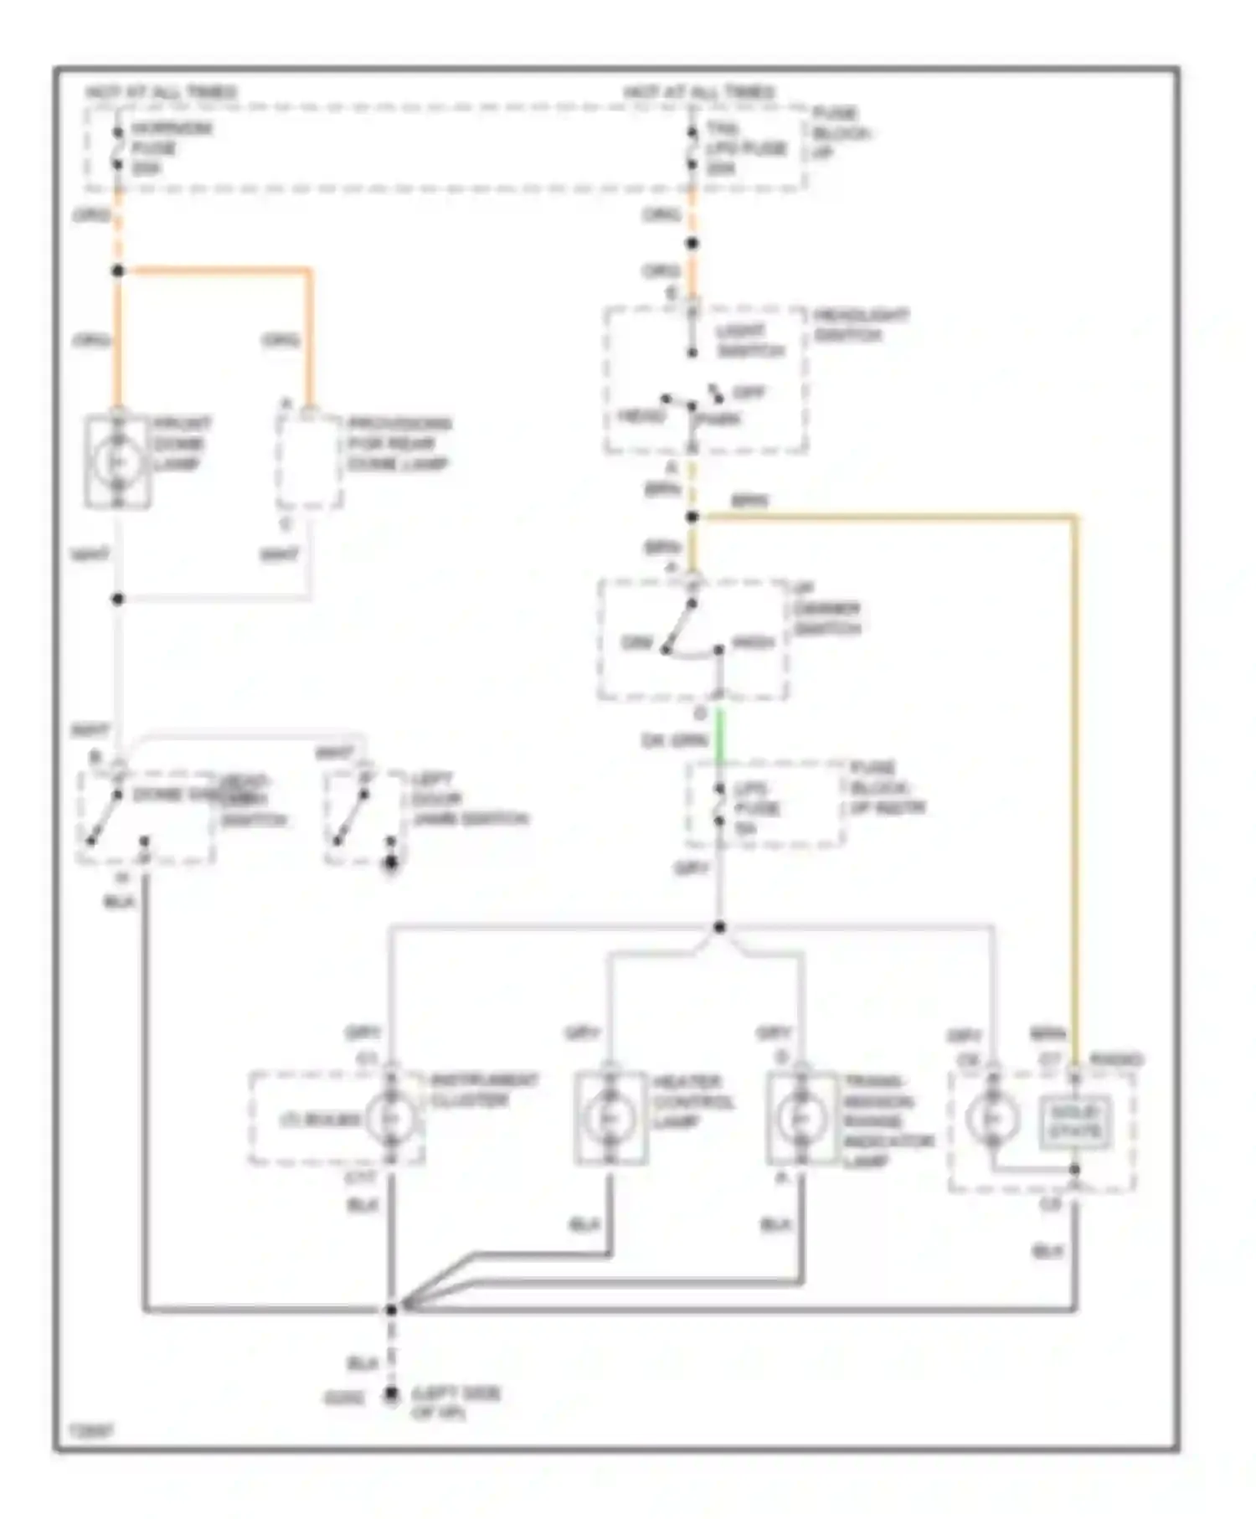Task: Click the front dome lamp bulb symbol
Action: (x=118, y=461)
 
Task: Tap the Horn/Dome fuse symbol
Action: (x=118, y=149)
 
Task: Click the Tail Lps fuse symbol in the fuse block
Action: (x=692, y=149)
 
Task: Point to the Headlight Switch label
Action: (x=860, y=325)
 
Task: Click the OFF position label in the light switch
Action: (x=748, y=392)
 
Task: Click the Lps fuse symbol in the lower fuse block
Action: (x=719, y=806)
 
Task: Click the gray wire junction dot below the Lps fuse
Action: (x=719, y=927)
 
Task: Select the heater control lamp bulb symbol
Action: (x=610, y=1118)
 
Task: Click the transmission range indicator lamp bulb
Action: (x=801, y=1118)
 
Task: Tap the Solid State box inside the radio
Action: (x=1076, y=1123)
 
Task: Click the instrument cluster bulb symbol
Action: (x=391, y=1118)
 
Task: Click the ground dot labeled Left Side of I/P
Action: (x=391, y=1395)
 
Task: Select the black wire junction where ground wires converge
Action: (x=391, y=1309)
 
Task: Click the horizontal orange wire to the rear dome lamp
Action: (x=218, y=270)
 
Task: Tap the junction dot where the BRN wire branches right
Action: (x=692, y=517)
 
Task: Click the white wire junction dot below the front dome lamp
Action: (x=118, y=599)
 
